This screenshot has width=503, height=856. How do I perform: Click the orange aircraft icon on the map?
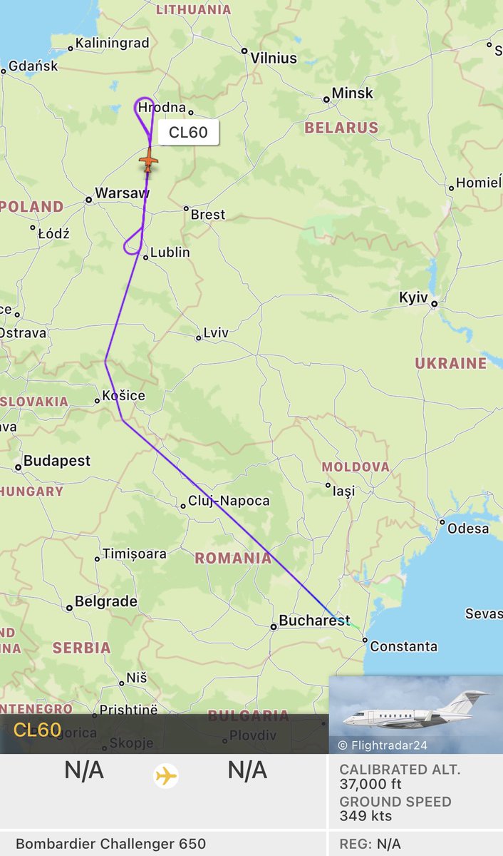click(148, 162)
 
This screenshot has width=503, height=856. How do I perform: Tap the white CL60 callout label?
click(188, 133)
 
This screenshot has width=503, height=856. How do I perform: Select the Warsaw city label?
click(122, 193)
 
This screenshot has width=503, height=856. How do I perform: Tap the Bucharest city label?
click(314, 621)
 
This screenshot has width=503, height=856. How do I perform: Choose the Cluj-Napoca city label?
click(229, 501)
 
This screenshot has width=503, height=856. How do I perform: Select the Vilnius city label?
click(274, 58)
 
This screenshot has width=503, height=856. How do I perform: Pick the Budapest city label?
click(57, 461)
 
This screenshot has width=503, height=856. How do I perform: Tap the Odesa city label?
click(468, 529)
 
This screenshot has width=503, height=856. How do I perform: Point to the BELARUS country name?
click(341, 128)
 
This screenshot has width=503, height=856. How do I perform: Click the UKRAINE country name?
click(451, 363)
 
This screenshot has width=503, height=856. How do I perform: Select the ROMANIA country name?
click(234, 558)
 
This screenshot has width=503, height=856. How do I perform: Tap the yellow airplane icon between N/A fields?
click(166, 775)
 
